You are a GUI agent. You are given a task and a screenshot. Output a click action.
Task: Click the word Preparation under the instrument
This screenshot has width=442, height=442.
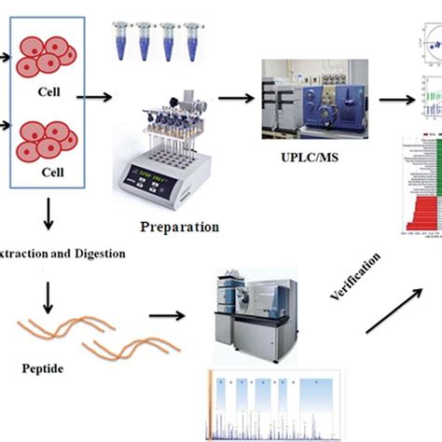click(179, 226)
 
